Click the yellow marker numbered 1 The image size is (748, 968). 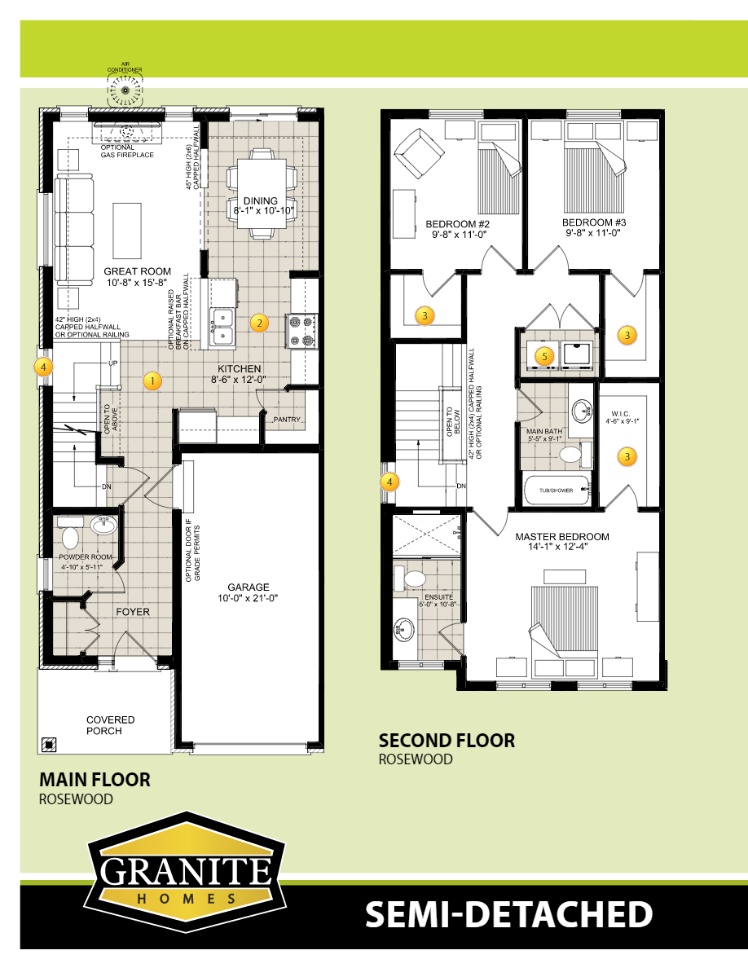150,380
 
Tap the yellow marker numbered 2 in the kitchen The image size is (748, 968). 259,322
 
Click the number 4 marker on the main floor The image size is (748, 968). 44,367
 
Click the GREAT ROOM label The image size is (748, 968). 137,271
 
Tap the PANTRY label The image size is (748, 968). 288,420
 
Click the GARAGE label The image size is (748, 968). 249,587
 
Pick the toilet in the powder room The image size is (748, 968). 70,537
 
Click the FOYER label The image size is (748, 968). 132,611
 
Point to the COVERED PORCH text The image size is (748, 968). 111,725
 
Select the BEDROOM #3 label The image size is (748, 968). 593,222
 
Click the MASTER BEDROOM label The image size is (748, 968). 562,537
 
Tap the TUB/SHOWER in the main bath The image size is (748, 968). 556,490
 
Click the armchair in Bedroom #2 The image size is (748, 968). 420,154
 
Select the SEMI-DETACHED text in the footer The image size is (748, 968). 508,914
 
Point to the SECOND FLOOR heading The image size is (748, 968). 447,741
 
